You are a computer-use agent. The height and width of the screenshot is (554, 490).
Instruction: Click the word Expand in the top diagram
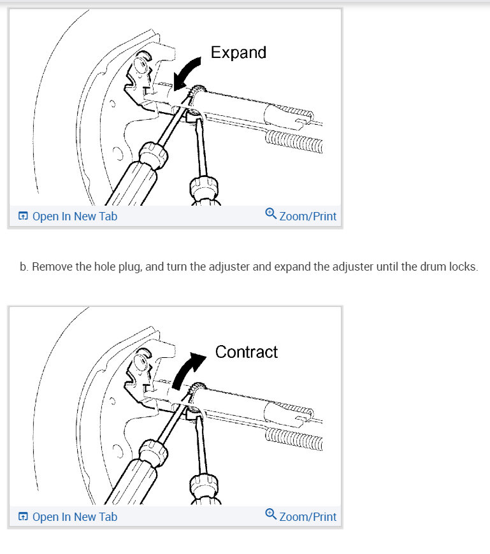tap(238, 52)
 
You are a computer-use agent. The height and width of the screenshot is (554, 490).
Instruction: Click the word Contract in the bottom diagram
tap(247, 352)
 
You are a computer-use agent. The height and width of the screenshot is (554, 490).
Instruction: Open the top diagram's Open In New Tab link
tap(75, 217)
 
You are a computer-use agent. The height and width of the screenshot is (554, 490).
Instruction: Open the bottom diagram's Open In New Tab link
tap(75, 516)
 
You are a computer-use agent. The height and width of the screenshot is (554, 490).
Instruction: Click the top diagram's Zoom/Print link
tap(308, 217)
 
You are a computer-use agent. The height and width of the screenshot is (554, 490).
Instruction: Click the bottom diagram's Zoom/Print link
tap(308, 516)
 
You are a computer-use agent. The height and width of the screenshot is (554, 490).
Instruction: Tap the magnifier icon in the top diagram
tap(271, 215)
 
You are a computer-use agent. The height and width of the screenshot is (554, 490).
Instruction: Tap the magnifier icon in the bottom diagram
tap(271, 515)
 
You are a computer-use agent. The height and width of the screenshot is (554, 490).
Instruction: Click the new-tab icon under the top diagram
tap(23, 217)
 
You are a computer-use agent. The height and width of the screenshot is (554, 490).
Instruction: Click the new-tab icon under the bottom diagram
tap(23, 516)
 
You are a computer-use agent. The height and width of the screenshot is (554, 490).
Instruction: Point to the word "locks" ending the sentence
tap(461, 266)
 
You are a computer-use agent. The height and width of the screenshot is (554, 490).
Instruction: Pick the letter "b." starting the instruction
tap(24, 266)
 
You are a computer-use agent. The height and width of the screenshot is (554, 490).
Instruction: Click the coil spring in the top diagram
tap(293, 139)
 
